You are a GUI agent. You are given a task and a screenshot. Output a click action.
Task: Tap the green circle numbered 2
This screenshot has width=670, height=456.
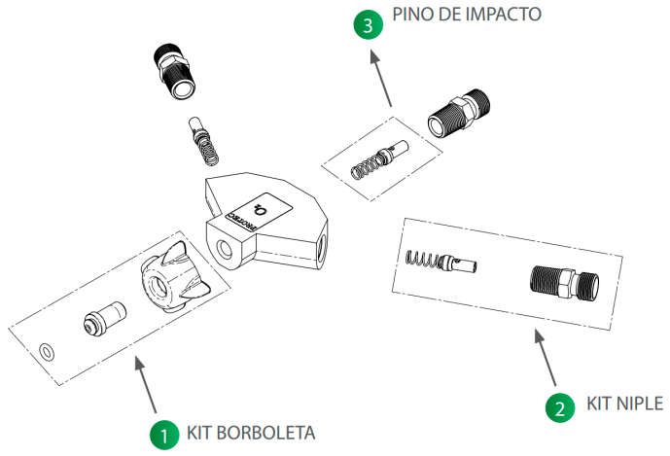pyautogui.click(x=558, y=407)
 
